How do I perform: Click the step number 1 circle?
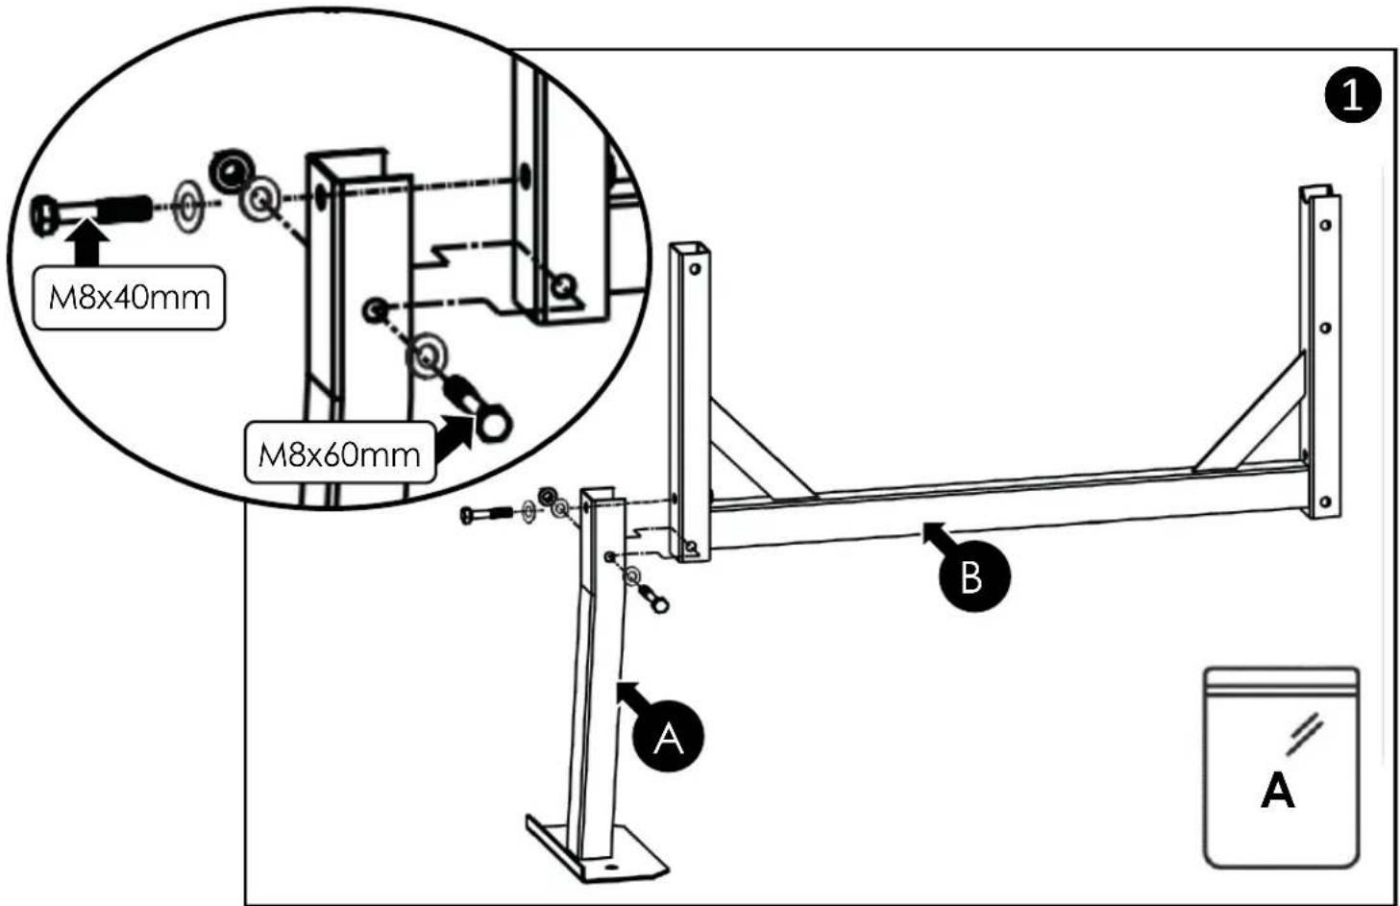pyautogui.click(x=1353, y=96)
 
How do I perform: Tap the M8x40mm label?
pyautogui.click(x=129, y=298)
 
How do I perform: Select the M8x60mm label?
pyautogui.click(x=339, y=454)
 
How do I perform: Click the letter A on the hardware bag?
pyautogui.click(x=1278, y=790)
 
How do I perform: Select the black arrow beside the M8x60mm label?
pyautogui.click(x=454, y=440)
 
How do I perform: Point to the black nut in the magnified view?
pyautogui.click(x=232, y=169)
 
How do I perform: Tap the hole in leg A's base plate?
pyautogui.click(x=610, y=868)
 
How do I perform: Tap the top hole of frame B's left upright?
pyautogui.click(x=695, y=269)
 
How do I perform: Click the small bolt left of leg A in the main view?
pyautogui.click(x=486, y=516)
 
